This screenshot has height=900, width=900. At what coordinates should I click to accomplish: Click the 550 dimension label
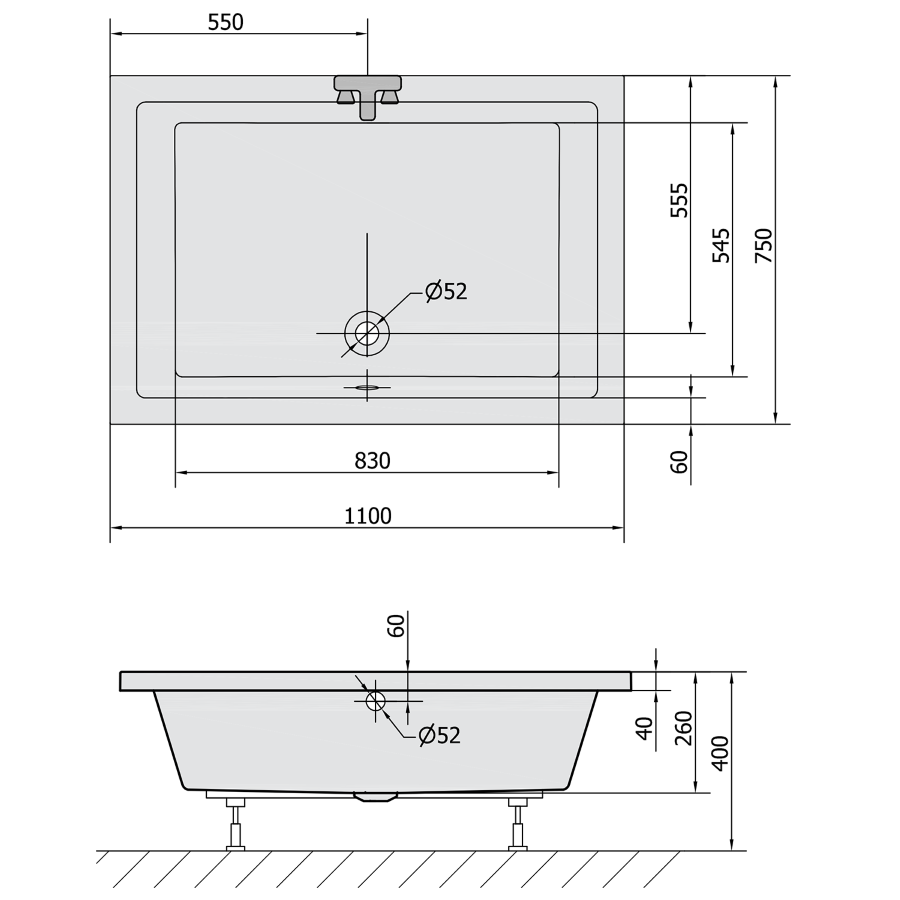(x=226, y=22)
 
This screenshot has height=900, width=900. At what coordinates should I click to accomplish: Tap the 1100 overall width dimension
(x=368, y=516)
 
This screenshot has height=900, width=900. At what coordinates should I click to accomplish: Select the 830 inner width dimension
(x=373, y=460)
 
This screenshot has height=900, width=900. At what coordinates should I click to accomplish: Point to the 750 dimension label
(x=763, y=246)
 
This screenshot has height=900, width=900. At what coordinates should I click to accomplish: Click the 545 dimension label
(x=721, y=246)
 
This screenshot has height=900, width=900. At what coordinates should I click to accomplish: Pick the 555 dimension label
(x=679, y=200)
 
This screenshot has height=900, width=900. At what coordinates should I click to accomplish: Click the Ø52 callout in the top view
(x=446, y=292)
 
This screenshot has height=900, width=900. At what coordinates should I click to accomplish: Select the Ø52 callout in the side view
(x=440, y=735)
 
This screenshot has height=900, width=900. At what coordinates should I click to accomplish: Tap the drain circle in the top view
(x=367, y=333)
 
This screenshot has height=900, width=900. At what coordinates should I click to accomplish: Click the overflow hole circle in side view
(x=376, y=700)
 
